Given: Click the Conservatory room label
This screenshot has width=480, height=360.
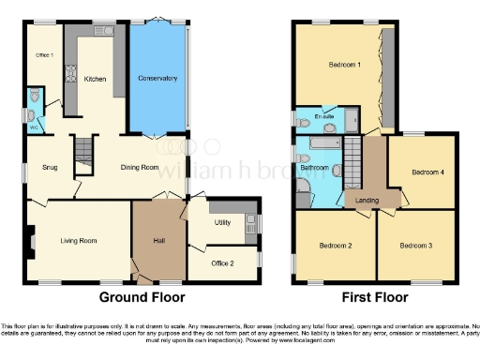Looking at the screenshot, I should coord(157,78).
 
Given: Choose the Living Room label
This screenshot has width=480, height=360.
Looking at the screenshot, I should coord(79,241).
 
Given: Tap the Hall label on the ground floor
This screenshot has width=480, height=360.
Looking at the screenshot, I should coord(159,241).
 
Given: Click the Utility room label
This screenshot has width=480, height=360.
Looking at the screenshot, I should coord(222,222).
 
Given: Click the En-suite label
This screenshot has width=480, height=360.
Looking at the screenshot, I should coord(327,117).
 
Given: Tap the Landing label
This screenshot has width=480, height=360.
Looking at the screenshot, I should coord(367,200).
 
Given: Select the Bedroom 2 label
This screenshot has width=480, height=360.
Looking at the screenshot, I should coord(337,246).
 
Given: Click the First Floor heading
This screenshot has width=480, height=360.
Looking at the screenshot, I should coord(373,297).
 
